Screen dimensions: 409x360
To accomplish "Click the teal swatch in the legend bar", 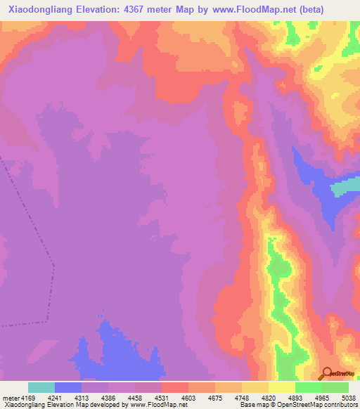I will [41, 387].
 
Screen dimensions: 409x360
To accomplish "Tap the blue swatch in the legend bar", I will [68, 387].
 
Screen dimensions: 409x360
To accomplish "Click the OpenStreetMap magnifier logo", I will [326, 374].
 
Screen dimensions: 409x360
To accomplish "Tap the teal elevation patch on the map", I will [345, 187].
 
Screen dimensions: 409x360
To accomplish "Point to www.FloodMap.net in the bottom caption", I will [153, 405].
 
